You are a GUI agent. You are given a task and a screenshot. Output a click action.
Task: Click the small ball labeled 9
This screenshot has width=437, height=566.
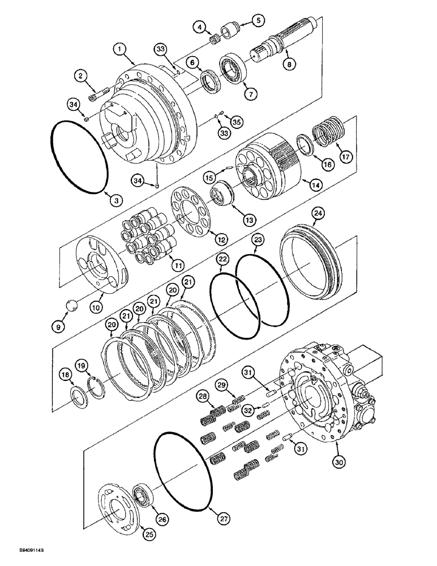point(72,306)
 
